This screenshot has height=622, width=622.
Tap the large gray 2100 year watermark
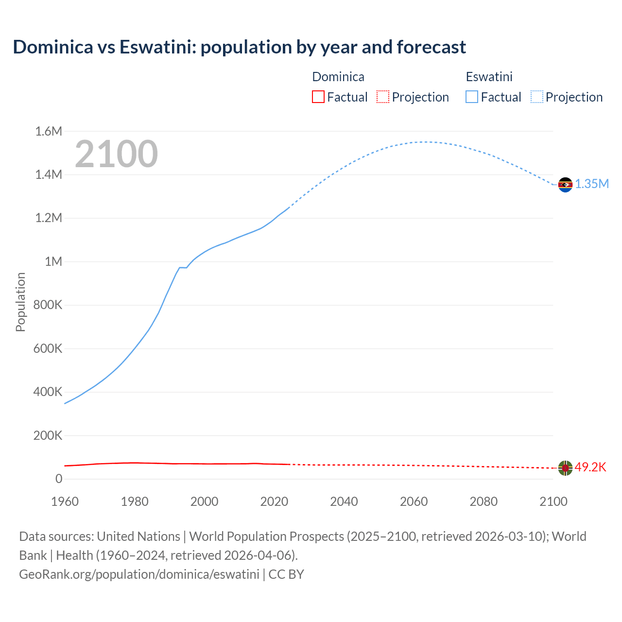click(116, 154)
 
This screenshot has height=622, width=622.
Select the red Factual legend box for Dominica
click(318, 97)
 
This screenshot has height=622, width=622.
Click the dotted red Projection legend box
click(383, 97)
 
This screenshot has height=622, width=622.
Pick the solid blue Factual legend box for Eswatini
click(471, 97)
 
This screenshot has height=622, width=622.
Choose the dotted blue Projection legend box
click(536, 97)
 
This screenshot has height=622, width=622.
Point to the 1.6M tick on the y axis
click(49, 131)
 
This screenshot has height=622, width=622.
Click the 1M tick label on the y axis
click(53, 261)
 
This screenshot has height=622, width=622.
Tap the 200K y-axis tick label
click(48, 435)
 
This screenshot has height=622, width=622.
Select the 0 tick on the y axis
click(59, 479)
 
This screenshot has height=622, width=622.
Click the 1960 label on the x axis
click(65, 501)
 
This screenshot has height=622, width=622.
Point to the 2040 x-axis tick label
click(344, 501)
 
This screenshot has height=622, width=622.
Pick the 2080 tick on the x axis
click(484, 501)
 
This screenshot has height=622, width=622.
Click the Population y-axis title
click(20, 302)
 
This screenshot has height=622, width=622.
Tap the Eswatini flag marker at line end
click(565, 185)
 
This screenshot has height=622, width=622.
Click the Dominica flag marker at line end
click(565, 468)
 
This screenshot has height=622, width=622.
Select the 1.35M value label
click(592, 184)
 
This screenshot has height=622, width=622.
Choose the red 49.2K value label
click(590, 467)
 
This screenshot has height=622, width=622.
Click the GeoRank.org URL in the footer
click(139, 574)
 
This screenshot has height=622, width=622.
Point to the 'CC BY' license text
click(286, 574)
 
